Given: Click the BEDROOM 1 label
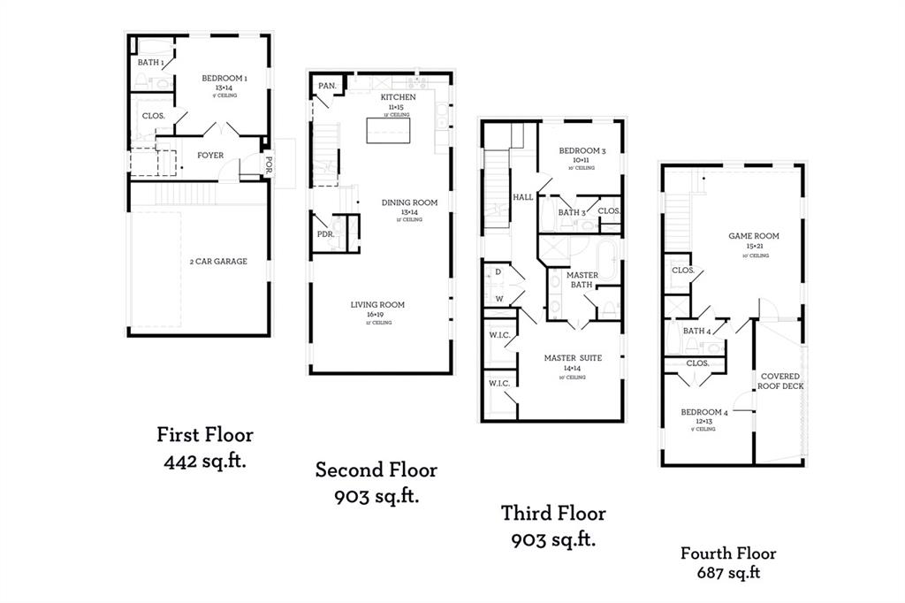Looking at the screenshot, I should [224, 79].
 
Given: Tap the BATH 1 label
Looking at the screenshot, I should [149, 63].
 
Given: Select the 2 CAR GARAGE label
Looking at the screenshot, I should [217, 261].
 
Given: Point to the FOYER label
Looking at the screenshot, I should [210, 156].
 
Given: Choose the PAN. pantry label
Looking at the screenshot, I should [327, 86].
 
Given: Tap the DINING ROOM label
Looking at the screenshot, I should [409, 202].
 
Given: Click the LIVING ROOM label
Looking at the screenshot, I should [377, 305].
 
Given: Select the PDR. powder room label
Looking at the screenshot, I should [325, 234].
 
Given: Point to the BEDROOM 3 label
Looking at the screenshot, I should [582, 151].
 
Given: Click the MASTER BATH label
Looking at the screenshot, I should [582, 279].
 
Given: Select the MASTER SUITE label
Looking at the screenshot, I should [574, 357].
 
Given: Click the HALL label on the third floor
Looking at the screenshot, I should [522, 197].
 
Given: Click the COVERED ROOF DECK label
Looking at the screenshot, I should [781, 381].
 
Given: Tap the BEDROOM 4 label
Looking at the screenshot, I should [703, 412].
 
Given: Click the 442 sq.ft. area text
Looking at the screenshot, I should [204, 461].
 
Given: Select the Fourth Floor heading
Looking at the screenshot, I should [727, 553].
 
